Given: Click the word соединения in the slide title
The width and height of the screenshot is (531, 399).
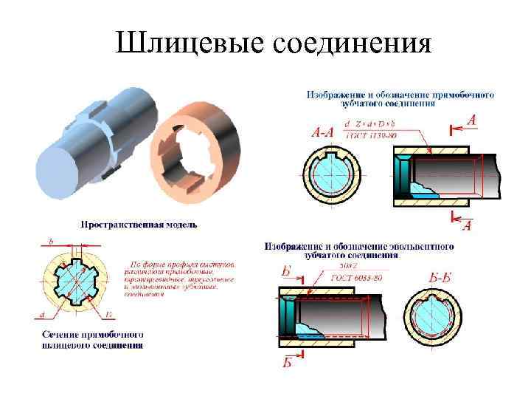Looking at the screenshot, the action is point(352,44).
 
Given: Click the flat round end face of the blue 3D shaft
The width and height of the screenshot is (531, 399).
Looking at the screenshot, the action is point(62,171).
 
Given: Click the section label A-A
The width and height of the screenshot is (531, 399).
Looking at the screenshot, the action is point(322,133).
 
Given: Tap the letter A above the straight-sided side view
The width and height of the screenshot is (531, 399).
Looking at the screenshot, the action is point(471,120).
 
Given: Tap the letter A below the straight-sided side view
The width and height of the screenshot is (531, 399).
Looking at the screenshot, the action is point(466,224).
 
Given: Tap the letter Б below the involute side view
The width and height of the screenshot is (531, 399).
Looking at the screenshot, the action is point(287,361).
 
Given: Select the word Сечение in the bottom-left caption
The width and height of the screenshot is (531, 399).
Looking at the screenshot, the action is point(59,334).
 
